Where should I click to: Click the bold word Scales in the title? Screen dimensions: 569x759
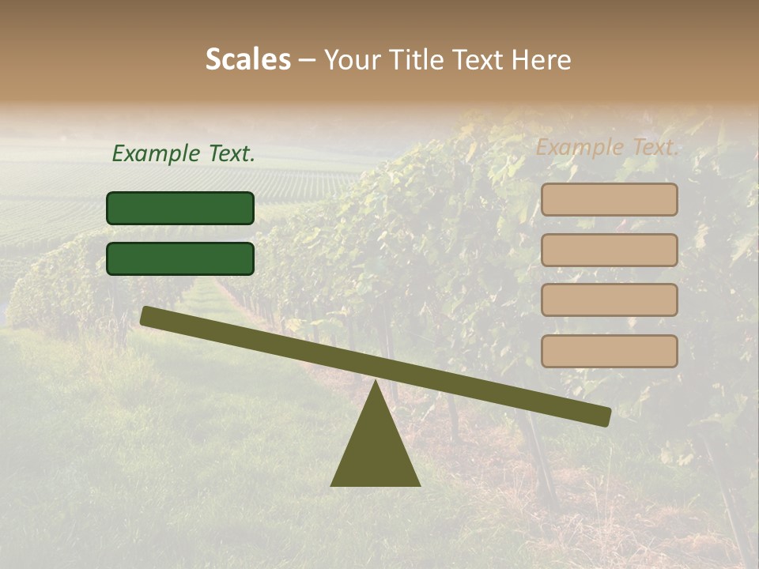pyautogui.click(x=248, y=60)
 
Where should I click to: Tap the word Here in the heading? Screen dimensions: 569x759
pyautogui.click(x=541, y=60)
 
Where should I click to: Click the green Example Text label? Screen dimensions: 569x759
pyautogui.click(x=183, y=154)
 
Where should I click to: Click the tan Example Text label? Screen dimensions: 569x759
pyautogui.click(x=607, y=147)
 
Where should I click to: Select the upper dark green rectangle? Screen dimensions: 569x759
pyautogui.click(x=180, y=208)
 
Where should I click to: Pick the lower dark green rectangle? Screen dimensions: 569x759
pyautogui.click(x=180, y=258)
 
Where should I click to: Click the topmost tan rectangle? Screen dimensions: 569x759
pyautogui.click(x=609, y=200)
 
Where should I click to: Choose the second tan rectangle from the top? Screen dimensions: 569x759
pyautogui.click(x=609, y=250)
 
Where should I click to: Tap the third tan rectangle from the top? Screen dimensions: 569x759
pyautogui.click(x=609, y=300)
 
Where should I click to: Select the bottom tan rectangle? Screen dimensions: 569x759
pyautogui.click(x=609, y=351)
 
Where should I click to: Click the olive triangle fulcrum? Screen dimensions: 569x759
pyautogui.click(x=376, y=450)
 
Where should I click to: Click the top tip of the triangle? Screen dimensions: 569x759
pyautogui.click(x=376, y=382)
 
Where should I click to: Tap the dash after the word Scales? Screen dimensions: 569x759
pyautogui.click(x=308, y=60)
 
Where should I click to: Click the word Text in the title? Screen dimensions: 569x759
pyautogui.click(x=479, y=60)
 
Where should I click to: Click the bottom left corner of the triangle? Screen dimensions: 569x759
pyautogui.click(x=332, y=485)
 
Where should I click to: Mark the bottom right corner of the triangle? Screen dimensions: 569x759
pyautogui.click(x=419, y=485)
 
